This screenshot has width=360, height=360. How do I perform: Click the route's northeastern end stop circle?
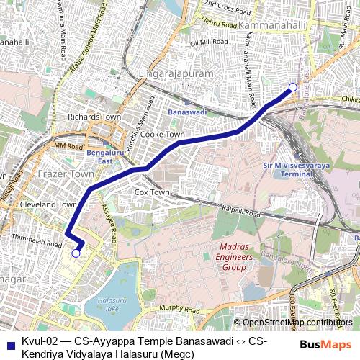[292, 88]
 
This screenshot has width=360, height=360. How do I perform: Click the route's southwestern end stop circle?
[76, 253]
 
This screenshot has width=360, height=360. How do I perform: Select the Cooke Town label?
[163, 134]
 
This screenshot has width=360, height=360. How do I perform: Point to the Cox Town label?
[152, 193]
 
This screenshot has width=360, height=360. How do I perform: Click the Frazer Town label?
[69, 174]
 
